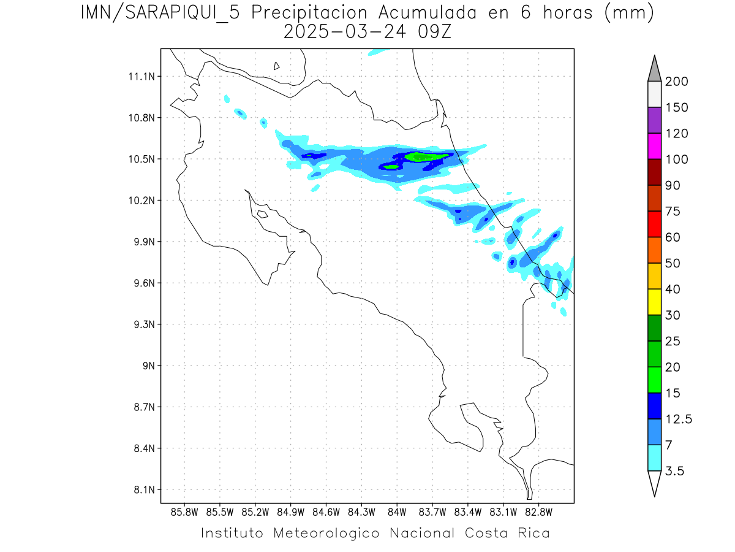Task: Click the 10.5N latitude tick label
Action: [140, 159]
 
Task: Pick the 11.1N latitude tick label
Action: [140, 77]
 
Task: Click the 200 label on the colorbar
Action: [677, 82]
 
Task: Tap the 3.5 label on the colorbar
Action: [674, 471]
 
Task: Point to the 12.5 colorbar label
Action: [679, 419]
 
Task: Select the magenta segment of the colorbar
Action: [655, 146]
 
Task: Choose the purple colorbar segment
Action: [655, 120]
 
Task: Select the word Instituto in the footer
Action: [232, 533]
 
